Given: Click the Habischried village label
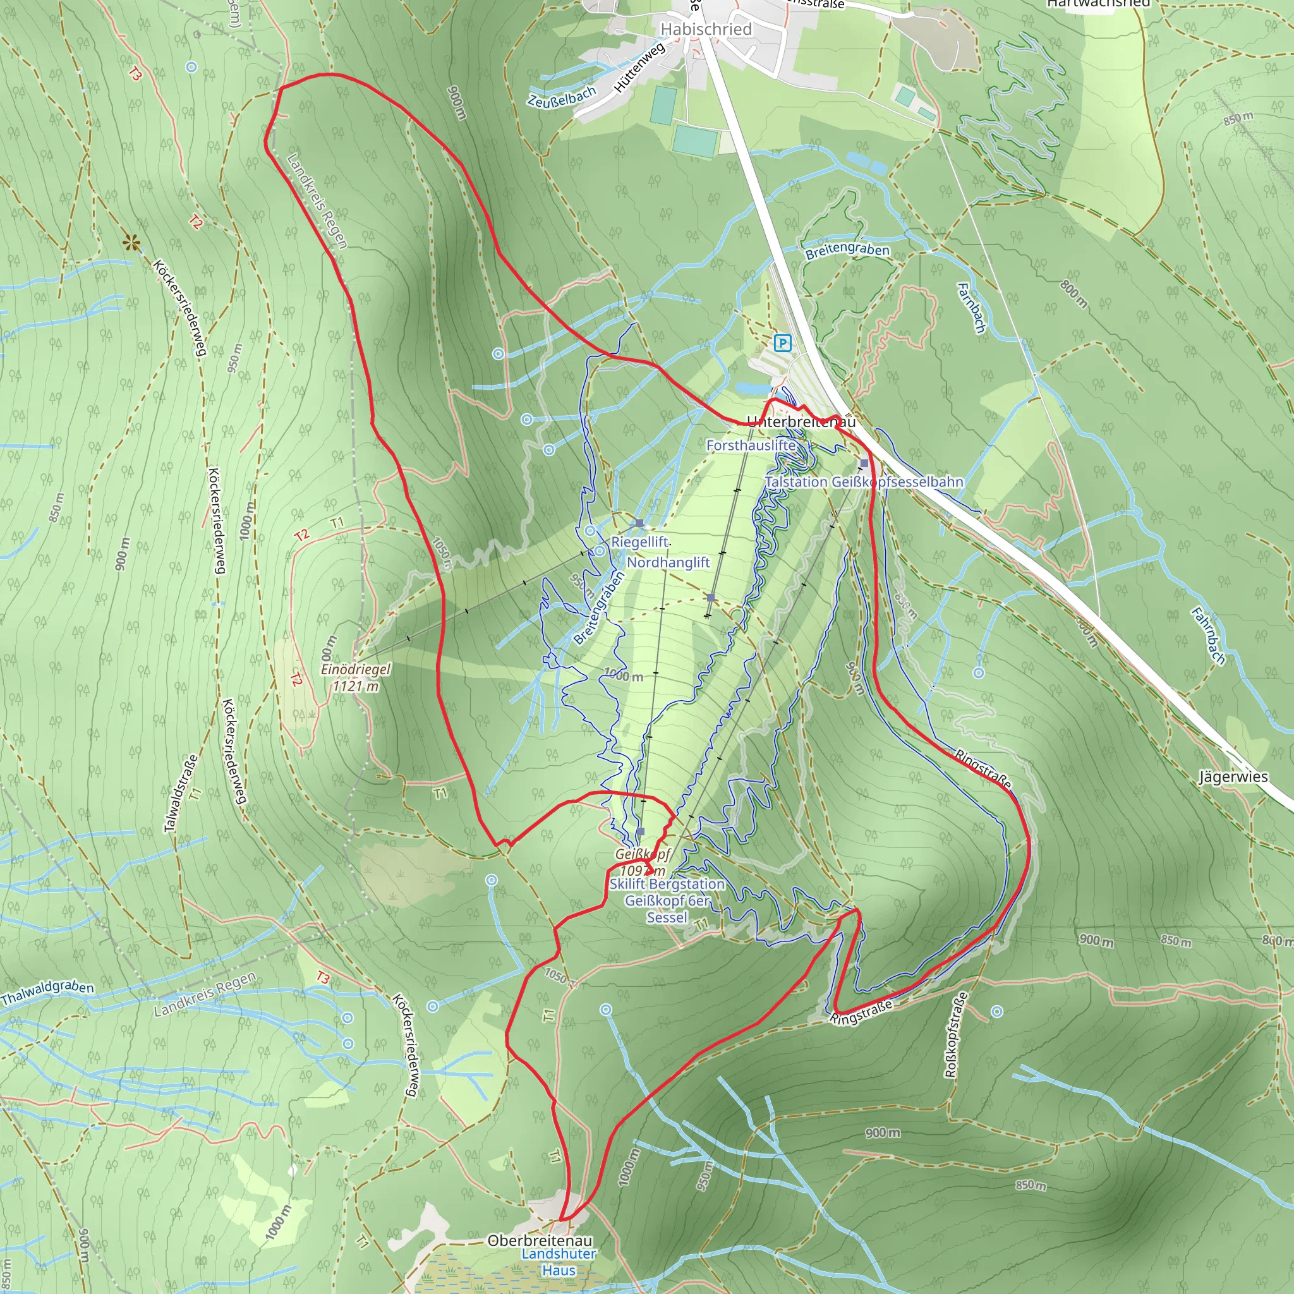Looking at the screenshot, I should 706,30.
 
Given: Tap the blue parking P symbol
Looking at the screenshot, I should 782,344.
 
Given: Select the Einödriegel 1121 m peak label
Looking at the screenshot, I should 355,677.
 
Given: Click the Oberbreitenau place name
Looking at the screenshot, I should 540,1240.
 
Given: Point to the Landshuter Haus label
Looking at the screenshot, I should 559,1262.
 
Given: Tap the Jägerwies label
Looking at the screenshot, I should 1233,777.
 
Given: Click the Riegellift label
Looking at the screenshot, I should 639,542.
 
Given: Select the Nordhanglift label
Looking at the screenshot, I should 668,562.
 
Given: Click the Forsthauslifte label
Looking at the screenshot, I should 751,445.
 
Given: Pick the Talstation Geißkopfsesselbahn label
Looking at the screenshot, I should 864,482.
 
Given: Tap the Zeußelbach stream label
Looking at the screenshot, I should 561,98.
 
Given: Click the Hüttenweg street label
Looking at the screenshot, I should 639,67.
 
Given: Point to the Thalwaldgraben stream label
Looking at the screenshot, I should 47,993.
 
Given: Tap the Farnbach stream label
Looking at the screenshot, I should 971,308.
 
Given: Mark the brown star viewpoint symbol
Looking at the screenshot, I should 132,243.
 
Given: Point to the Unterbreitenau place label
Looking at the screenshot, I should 801,422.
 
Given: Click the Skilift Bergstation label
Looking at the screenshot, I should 667,884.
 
